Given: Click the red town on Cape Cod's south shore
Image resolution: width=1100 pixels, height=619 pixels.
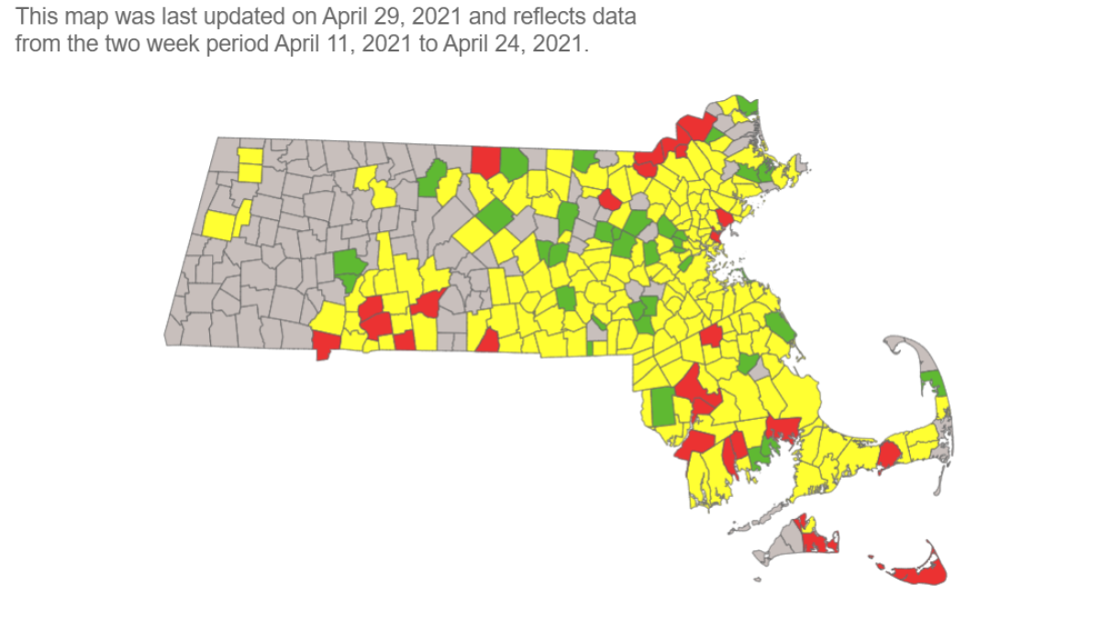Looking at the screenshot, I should pyautogui.click(x=889, y=455).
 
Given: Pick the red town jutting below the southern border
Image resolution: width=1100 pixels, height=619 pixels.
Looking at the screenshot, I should pyautogui.click(x=323, y=347).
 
